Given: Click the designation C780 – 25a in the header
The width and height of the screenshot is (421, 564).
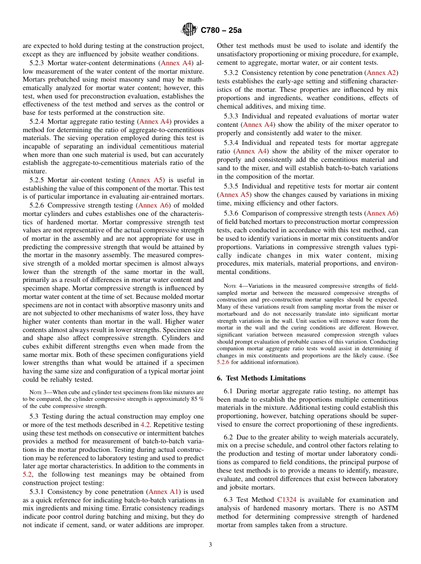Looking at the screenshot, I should pyautogui.click(x=221, y=31).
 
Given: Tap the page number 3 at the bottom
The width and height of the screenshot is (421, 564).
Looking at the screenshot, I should pyautogui.click(x=210, y=545).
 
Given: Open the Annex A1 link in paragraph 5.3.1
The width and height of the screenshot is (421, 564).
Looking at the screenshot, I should pyautogui.click(x=164, y=492).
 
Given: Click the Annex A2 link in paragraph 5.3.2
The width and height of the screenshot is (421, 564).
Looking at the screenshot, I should pyautogui.click(x=382, y=73).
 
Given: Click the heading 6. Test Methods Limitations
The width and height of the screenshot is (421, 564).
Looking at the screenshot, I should pyautogui.click(x=261, y=378).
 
